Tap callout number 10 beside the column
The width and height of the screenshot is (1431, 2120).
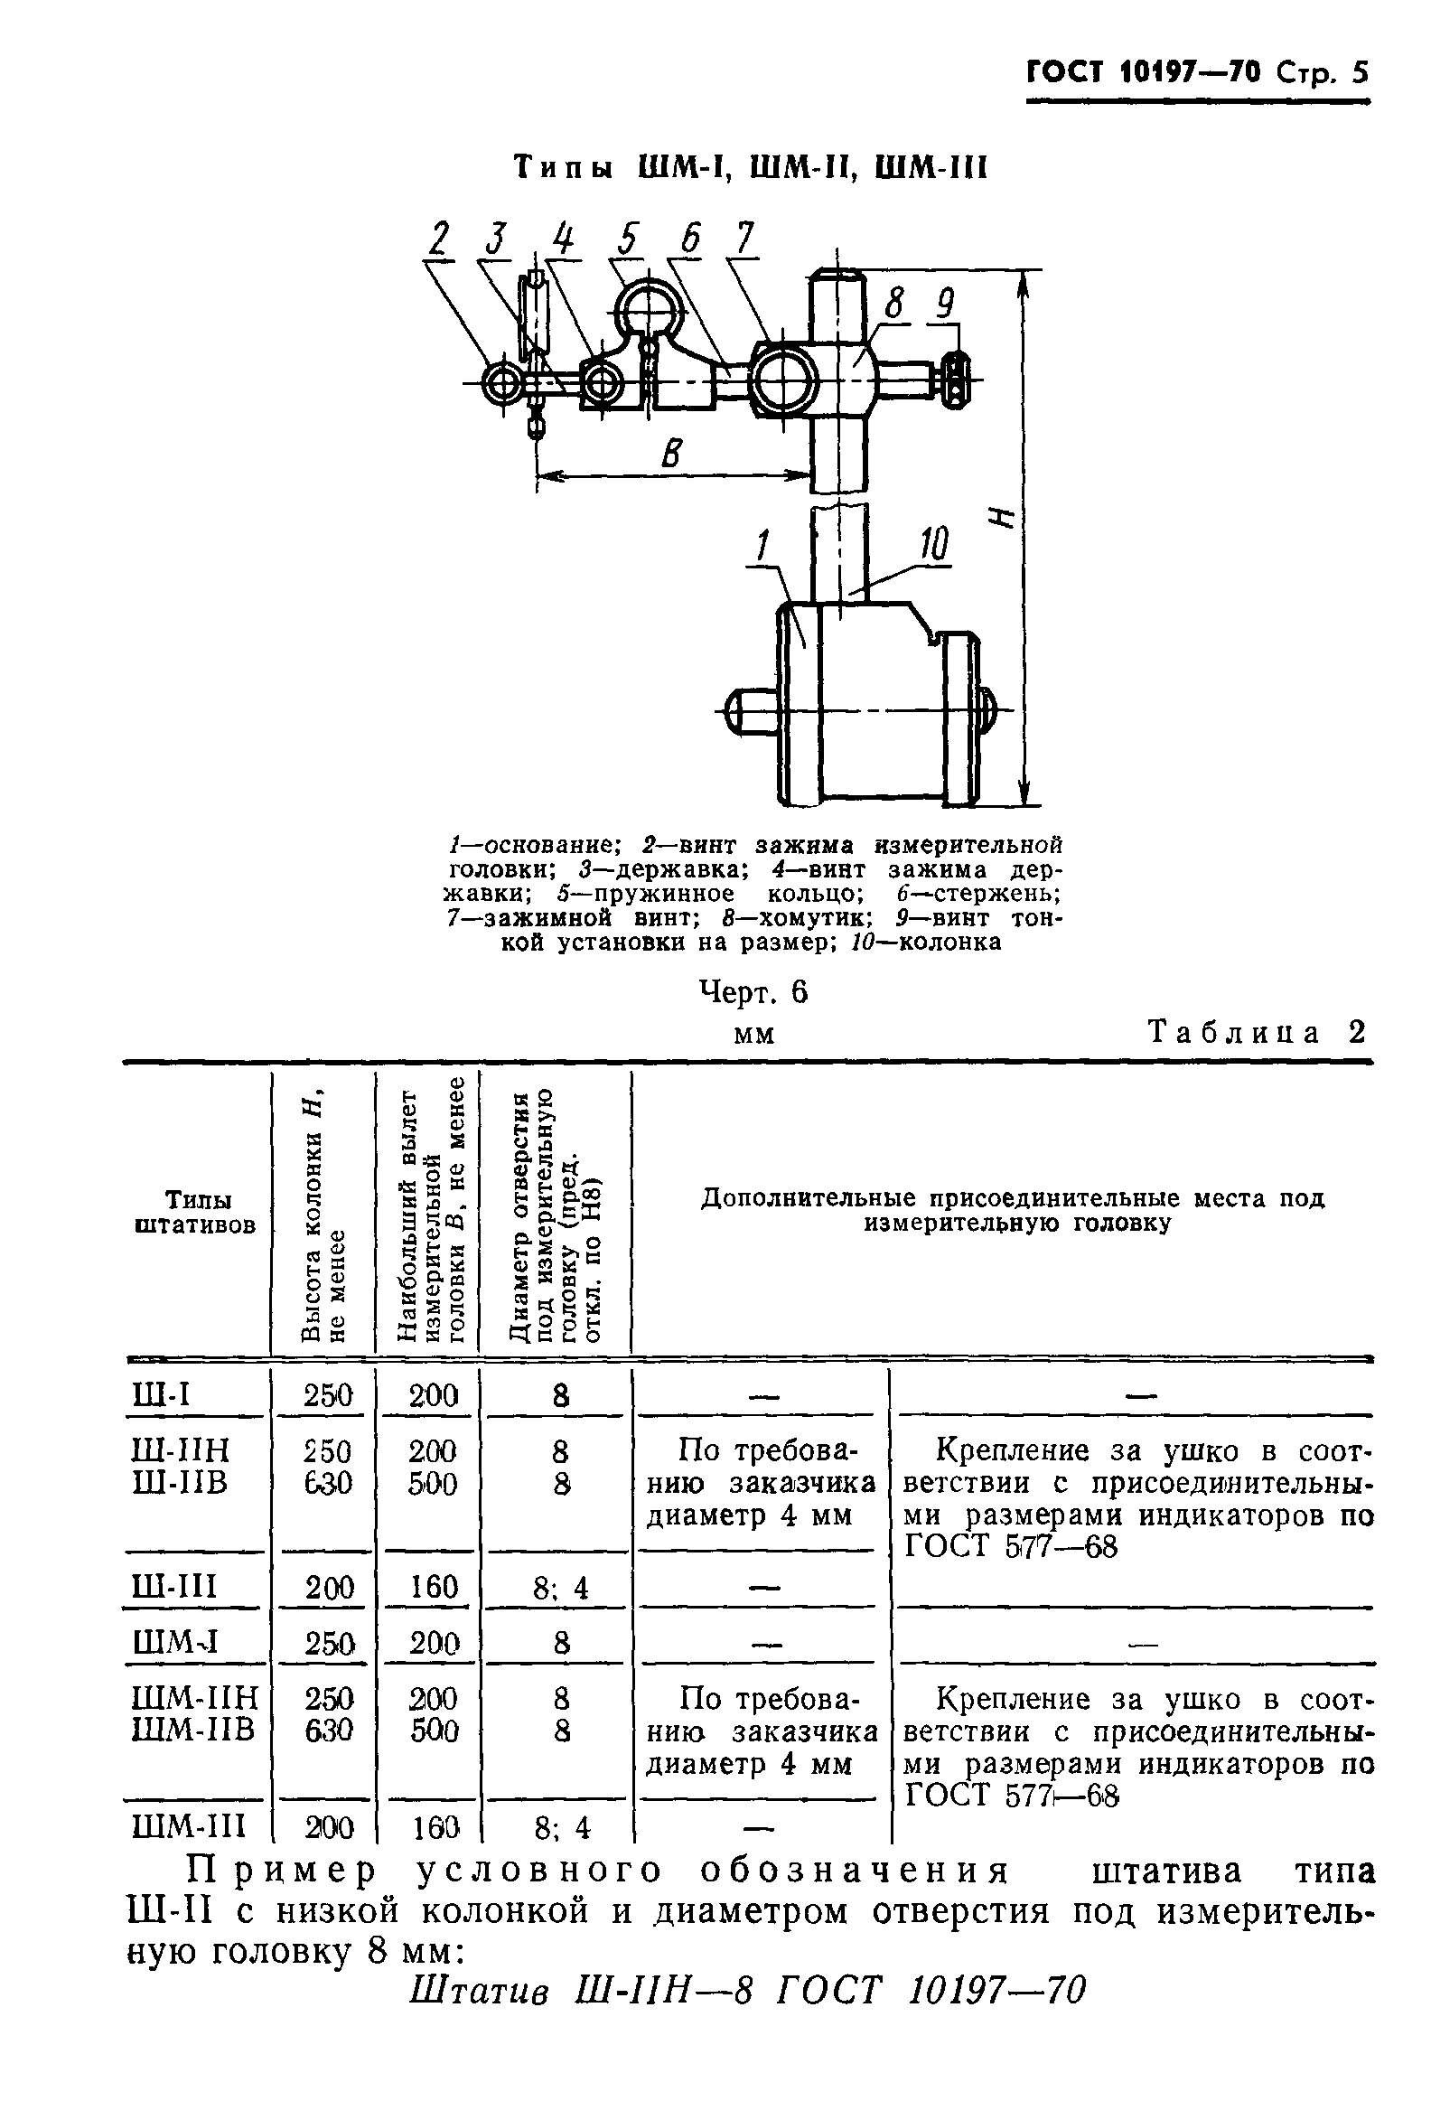932,545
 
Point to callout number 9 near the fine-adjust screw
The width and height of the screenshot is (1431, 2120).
945,304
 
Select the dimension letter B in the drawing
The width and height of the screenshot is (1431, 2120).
671,453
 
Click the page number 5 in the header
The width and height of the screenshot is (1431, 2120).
1360,72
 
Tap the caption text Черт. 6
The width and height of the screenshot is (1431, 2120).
753,991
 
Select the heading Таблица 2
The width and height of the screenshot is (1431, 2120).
1258,1032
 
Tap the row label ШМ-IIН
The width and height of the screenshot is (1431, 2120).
195,1698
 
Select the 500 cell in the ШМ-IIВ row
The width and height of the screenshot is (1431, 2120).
434,1730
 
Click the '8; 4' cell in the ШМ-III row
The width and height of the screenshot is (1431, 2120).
561,1826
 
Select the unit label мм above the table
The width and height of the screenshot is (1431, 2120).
753,1036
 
